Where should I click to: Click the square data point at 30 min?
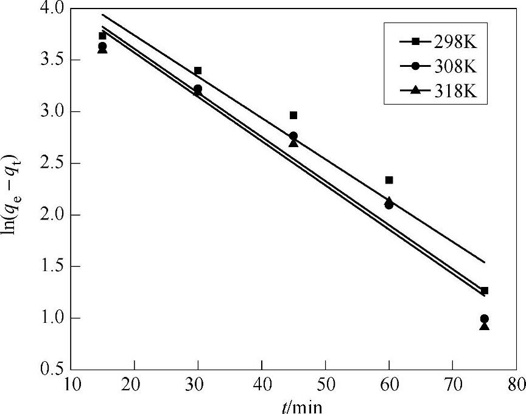(197, 71)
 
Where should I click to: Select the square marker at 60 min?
(389, 180)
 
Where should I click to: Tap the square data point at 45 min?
(293, 115)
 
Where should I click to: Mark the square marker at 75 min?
(485, 291)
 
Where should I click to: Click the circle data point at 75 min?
(485, 319)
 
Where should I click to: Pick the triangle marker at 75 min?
(485, 326)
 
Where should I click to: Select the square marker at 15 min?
(102, 36)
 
